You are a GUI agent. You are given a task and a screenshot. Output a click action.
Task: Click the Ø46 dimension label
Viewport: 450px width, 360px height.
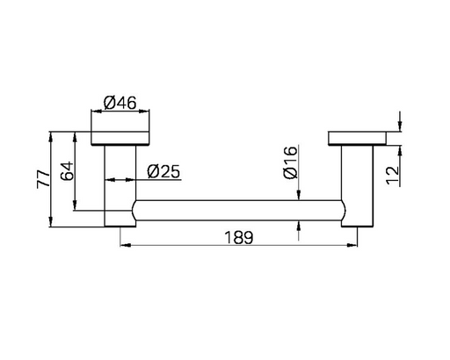120,103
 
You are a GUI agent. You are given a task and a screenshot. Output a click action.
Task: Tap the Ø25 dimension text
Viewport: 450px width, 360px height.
163,171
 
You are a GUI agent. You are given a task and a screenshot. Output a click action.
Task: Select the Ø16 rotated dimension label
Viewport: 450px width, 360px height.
291,162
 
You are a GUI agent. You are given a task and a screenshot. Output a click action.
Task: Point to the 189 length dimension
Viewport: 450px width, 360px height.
238,237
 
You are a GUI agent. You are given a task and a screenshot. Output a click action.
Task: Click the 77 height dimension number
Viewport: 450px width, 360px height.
43,179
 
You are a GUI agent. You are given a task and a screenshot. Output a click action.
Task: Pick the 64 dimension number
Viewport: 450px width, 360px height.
67,171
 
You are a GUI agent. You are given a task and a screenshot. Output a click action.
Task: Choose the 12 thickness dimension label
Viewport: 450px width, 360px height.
393,176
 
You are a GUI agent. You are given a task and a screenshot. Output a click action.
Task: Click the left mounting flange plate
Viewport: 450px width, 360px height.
120,138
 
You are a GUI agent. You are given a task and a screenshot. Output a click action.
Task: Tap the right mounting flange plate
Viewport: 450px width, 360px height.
357,138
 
